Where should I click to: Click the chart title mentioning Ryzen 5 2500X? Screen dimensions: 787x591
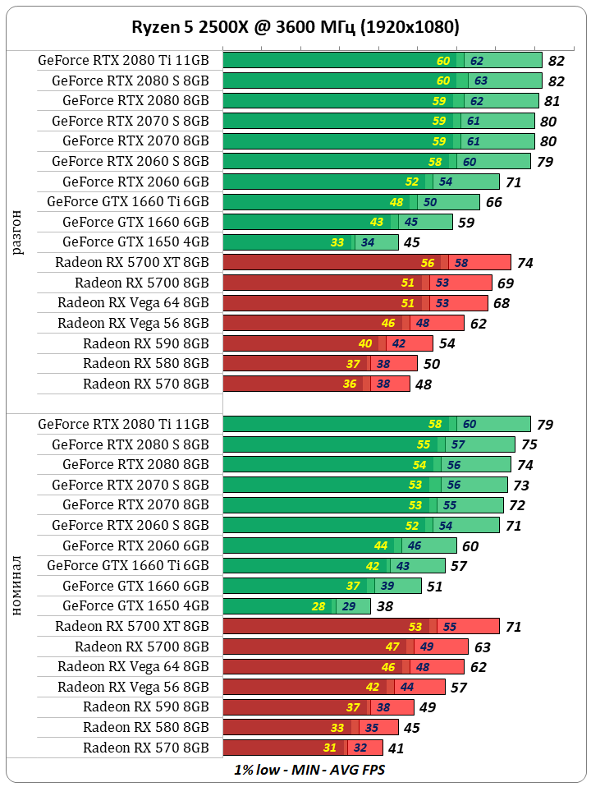pyautogui.click(x=295, y=27)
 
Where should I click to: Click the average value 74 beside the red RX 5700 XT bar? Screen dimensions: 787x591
pyautogui.click(x=525, y=263)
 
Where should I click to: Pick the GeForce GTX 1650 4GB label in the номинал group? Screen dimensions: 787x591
pyautogui.click(x=135, y=605)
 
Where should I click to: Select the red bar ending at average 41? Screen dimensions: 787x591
pyautogui.click(x=302, y=748)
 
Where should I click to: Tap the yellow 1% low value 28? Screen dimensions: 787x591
pyautogui.click(x=318, y=606)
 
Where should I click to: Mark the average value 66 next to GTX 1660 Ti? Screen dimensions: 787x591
pyautogui.click(x=494, y=202)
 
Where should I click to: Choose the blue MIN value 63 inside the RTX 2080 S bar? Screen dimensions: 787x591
pyautogui.click(x=481, y=81)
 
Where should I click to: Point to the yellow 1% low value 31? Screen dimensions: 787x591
pyautogui.click(x=330, y=748)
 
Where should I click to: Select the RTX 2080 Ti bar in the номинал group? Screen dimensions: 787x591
pyautogui.click(x=377, y=424)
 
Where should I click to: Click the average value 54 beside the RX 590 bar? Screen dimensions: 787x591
pyautogui.click(x=447, y=343)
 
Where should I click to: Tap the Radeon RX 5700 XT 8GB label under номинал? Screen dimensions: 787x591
pyautogui.click(x=132, y=626)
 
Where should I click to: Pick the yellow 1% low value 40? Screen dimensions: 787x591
pyautogui.click(x=365, y=343)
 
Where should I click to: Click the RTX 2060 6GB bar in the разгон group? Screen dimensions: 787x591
pyautogui.click(x=360, y=182)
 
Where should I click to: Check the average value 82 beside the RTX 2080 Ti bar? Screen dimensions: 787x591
pyautogui.click(x=557, y=61)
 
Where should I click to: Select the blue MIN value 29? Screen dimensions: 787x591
pyautogui.click(x=348, y=606)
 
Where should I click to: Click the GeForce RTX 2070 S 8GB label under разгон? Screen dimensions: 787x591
pyautogui.click(x=130, y=121)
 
